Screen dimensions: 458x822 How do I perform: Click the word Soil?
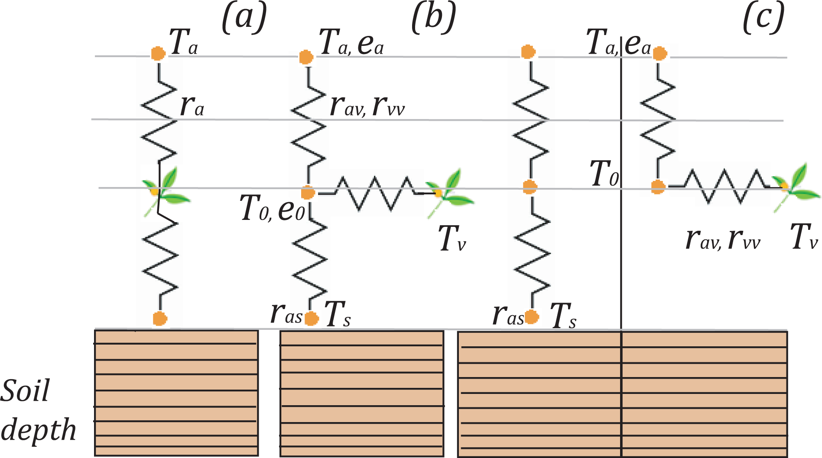(25, 391)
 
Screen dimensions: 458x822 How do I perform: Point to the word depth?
(38, 430)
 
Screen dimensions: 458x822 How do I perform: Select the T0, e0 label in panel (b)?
(272, 208)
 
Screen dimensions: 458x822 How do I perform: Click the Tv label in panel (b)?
(452, 239)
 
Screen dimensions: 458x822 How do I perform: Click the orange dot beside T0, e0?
(308, 192)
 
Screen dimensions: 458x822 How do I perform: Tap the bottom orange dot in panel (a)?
(160, 319)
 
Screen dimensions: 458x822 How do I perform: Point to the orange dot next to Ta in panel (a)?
(158, 54)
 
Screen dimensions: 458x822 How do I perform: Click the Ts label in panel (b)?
(338, 314)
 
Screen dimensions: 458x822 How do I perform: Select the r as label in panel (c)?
(508, 315)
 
